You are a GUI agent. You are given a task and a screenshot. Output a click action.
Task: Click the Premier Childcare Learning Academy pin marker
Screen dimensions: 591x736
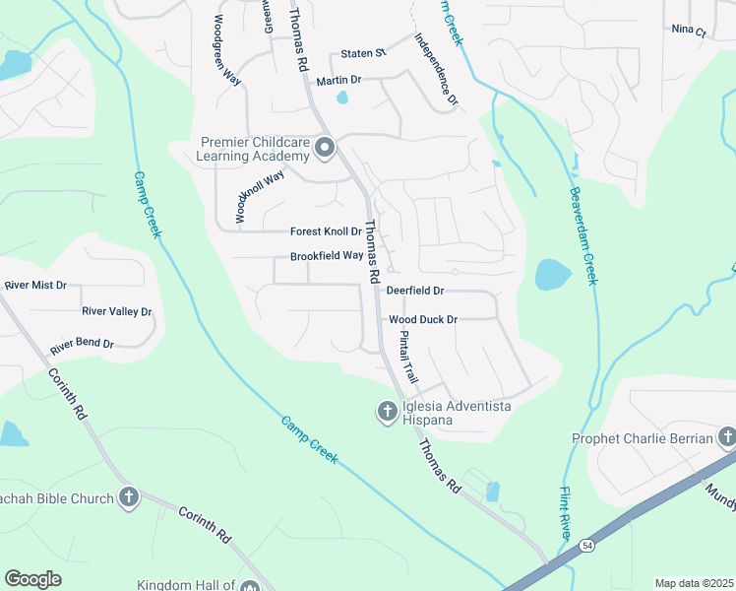click(x=326, y=149)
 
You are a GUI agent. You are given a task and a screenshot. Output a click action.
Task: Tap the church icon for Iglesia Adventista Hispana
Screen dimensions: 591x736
click(x=387, y=411)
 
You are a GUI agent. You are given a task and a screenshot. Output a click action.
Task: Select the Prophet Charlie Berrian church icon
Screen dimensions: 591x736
click(x=726, y=435)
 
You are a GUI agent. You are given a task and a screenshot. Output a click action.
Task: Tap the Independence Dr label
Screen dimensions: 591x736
click(x=436, y=69)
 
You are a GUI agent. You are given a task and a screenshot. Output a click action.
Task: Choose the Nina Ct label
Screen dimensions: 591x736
click(x=689, y=32)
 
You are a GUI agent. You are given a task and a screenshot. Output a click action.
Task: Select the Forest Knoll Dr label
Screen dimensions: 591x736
click(x=326, y=231)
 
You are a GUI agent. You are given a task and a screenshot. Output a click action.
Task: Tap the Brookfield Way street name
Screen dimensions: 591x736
click(x=326, y=256)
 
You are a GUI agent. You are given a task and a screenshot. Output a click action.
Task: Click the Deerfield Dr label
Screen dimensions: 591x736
click(x=415, y=291)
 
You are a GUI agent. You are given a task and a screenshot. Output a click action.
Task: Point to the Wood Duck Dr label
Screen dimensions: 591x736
click(x=423, y=319)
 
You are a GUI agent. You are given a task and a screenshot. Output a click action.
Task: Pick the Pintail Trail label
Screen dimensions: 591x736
click(x=407, y=358)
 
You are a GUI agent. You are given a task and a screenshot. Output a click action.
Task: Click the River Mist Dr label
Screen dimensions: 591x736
click(x=34, y=285)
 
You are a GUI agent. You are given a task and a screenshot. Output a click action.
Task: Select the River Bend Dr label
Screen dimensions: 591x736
click(x=82, y=345)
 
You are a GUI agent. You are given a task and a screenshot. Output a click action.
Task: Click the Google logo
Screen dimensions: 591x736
click(x=33, y=579)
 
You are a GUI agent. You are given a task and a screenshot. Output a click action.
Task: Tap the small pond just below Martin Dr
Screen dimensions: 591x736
click(x=342, y=98)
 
